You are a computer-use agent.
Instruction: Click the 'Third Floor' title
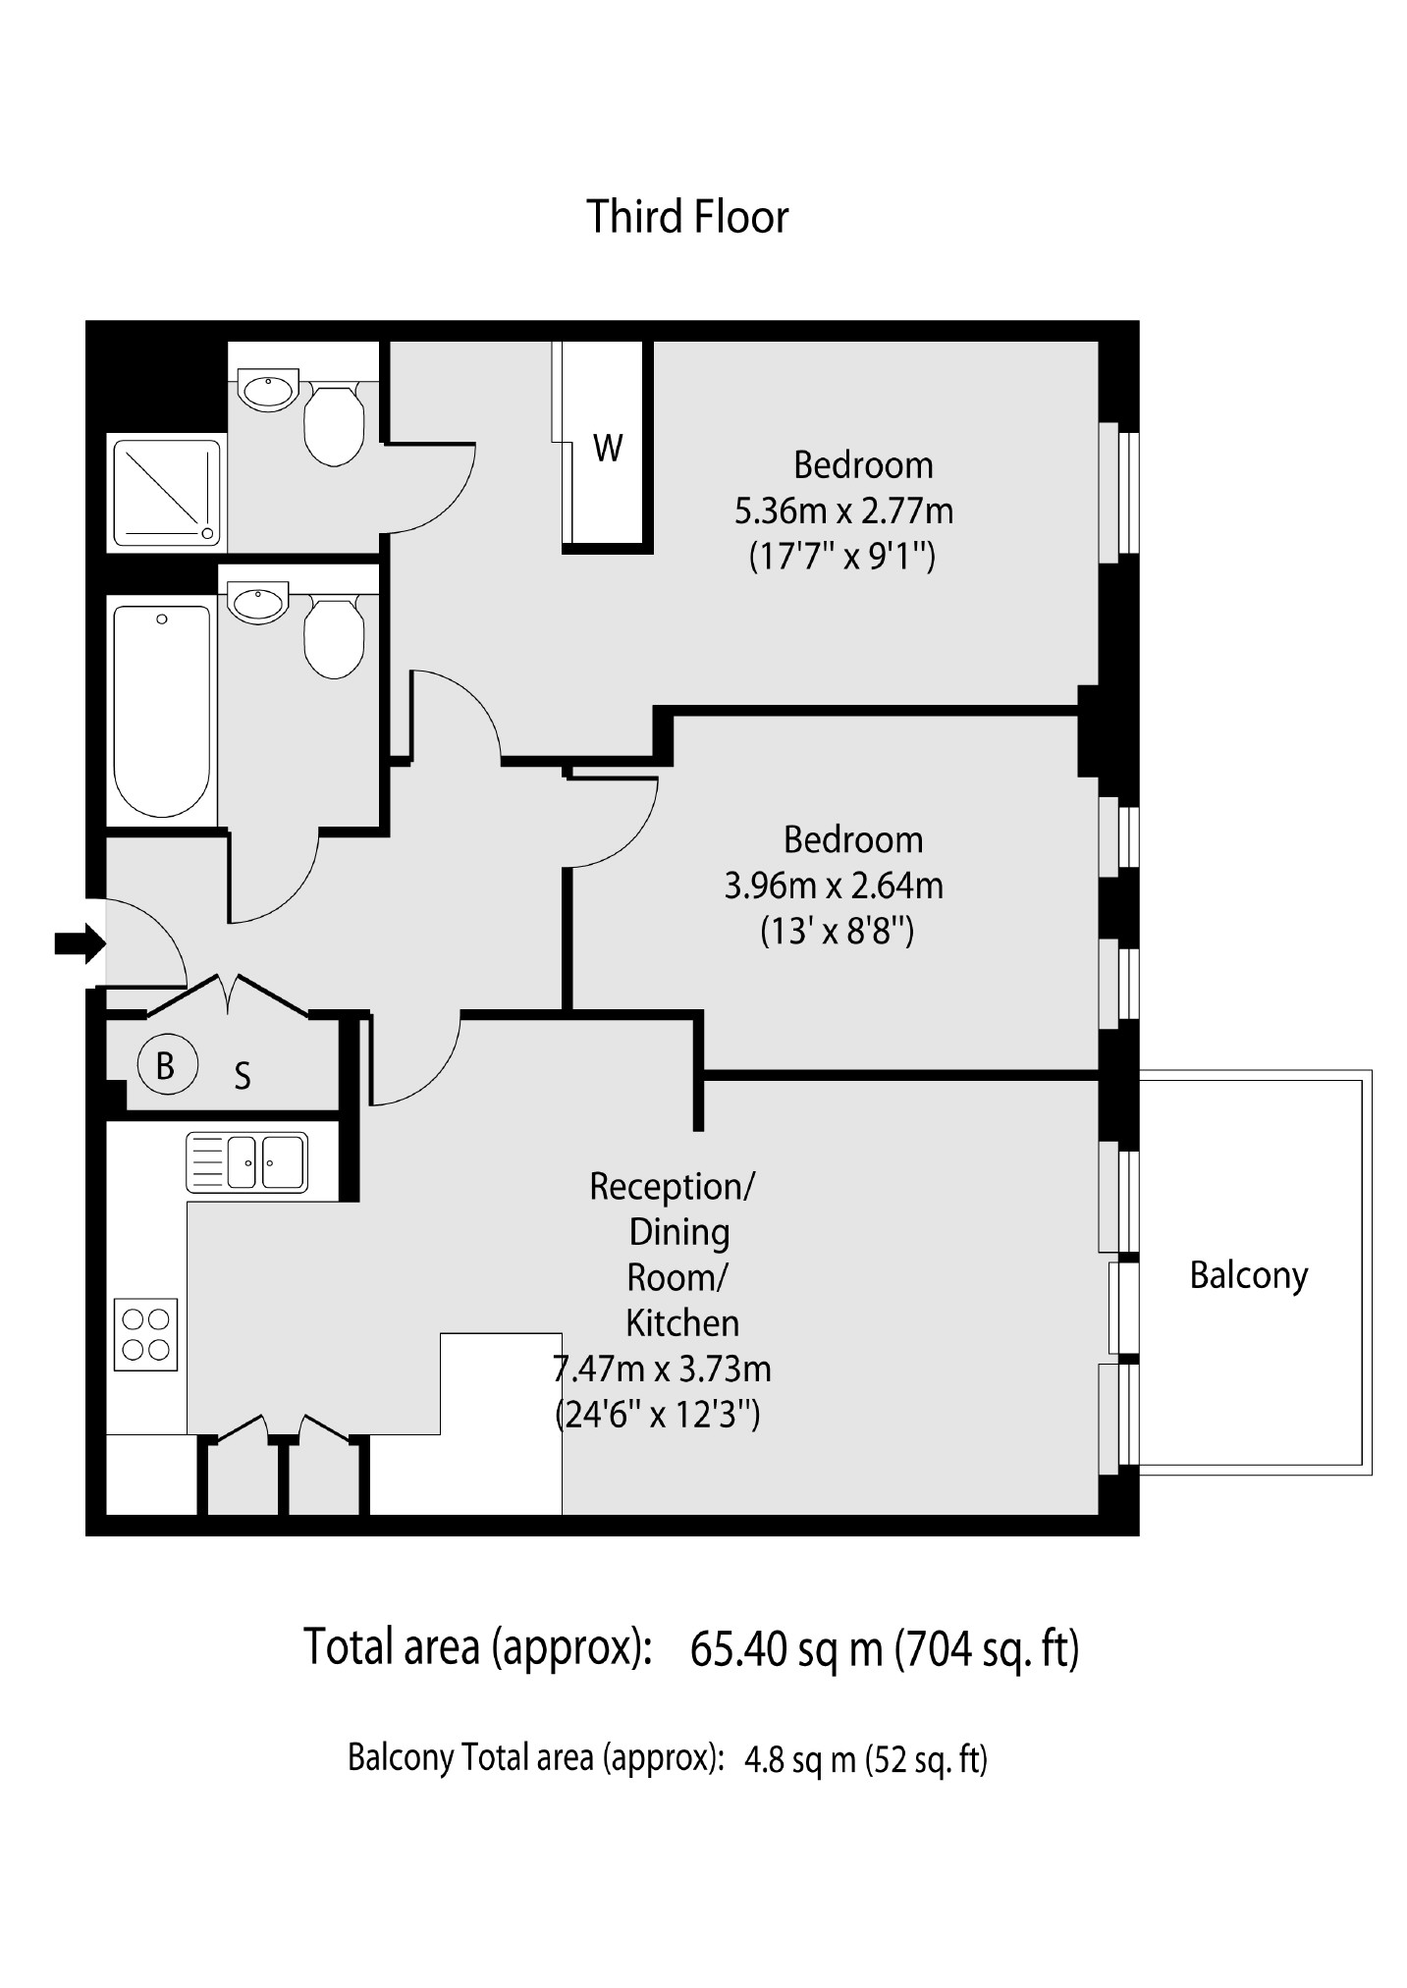(x=687, y=217)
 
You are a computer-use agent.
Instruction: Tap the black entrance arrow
(x=80, y=944)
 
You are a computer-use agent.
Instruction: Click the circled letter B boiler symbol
(x=165, y=1065)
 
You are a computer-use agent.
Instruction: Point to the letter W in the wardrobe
(x=608, y=449)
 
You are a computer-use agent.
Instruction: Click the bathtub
(x=163, y=712)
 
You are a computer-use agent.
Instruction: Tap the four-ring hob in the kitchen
(x=146, y=1334)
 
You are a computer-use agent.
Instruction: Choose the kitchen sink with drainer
(x=246, y=1161)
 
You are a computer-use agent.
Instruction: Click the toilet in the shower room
(x=335, y=423)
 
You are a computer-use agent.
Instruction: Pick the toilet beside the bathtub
(x=335, y=636)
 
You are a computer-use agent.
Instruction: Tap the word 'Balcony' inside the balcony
(x=1249, y=1275)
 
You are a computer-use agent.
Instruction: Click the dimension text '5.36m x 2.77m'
(x=844, y=511)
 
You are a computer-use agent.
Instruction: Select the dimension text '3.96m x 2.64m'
(x=834, y=886)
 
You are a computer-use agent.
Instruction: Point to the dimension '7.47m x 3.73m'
(x=663, y=1369)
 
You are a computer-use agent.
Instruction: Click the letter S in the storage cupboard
(x=243, y=1077)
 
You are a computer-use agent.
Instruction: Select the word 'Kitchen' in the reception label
(x=682, y=1323)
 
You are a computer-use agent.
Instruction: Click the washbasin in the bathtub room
(x=258, y=604)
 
